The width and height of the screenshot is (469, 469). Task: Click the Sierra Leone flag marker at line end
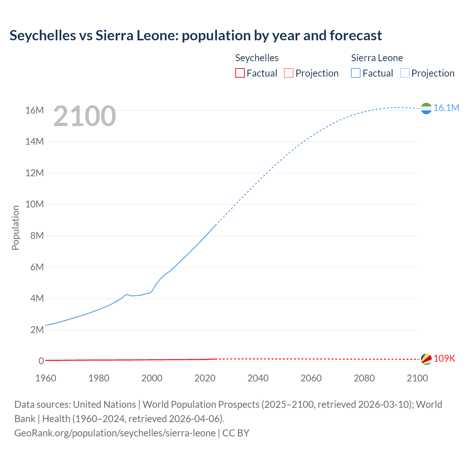coord(426,108)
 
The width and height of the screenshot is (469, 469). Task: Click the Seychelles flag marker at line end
coord(426,359)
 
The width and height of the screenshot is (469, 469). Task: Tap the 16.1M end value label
coord(446,108)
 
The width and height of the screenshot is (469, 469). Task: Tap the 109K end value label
coord(444,358)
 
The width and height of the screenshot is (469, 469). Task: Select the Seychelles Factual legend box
coord(240,73)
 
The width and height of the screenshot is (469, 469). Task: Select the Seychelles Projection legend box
coord(289,73)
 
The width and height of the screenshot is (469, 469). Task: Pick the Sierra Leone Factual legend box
coord(356,73)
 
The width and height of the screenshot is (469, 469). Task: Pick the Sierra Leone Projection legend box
coord(405,73)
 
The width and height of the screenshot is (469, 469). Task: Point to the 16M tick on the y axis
coord(34,110)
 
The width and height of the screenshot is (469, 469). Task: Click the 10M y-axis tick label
coord(34,204)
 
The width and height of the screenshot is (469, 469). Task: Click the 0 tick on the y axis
coord(41,361)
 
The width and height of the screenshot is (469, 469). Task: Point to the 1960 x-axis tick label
coord(46,378)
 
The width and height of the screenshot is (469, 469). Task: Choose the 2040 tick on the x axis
coord(258,378)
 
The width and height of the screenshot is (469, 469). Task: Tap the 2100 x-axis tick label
coord(417,378)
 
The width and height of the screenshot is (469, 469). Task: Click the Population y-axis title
coord(15,228)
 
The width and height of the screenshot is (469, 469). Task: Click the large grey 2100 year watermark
coord(85,116)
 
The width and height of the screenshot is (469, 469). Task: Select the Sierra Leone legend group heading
coord(377,58)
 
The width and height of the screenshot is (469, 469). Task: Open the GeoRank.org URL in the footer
coord(115,433)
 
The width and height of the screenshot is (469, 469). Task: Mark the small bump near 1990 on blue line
coord(127,294)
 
